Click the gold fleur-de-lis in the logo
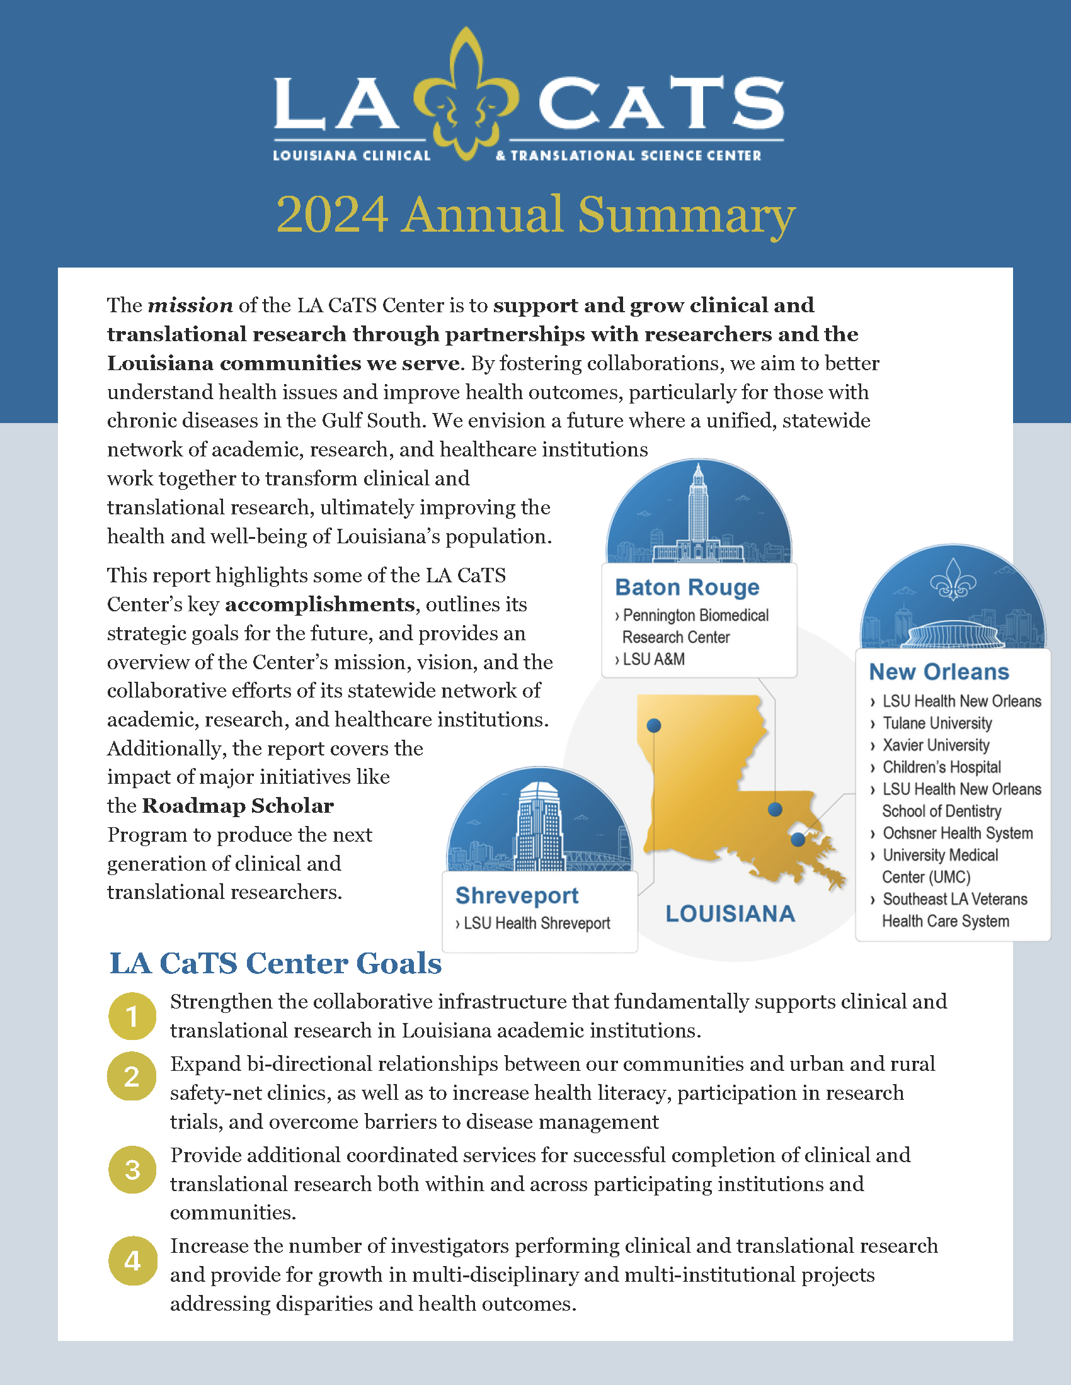[466, 95]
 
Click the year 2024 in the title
[332, 215]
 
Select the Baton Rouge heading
[687, 587]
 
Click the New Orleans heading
[939, 672]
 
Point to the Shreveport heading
[517, 895]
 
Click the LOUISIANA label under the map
[730, 914]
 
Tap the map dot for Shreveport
[653, 725]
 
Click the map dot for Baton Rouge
[775, 809]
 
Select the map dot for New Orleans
[798, 840]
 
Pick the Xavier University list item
[935, 745]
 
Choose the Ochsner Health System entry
[957, 834]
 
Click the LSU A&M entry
[653, 660]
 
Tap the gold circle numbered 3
[132, 1170]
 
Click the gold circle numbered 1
[132, 1016]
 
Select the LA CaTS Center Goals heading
[275, 963]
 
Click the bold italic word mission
[190, 306]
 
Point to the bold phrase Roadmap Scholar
[238, 806]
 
